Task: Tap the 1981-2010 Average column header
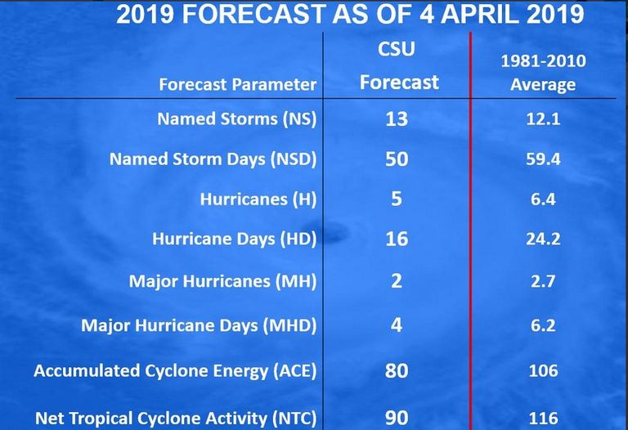coord(543,73)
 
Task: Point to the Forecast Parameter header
coord(237,84)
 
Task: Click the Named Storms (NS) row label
coord(236,119)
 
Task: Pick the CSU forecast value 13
coord(397,119)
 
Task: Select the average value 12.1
coord(543,119)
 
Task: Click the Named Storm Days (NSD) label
coord(213,159)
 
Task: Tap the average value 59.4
coord(543,159)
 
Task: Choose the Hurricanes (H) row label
coord(258,199)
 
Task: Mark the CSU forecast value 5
coord(397,199)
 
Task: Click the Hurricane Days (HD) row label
coord(235,239)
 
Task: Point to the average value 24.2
coord(543,239)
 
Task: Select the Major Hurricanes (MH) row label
coord(222,281)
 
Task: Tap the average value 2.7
coord(543,281)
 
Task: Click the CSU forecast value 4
coord(397,325)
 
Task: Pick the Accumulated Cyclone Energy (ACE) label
coord(175,371)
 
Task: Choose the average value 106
coord(543,371)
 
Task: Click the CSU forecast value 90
coord(397,418)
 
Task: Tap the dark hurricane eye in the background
coord(332,233)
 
